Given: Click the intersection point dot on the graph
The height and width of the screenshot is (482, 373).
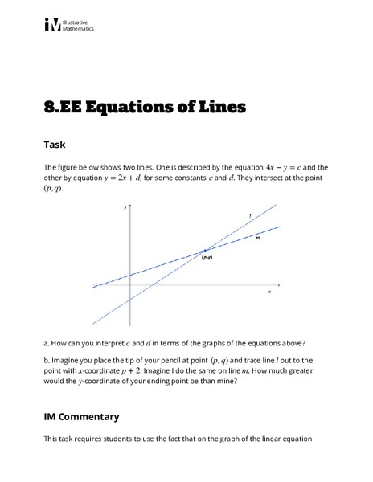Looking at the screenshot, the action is [205, 251].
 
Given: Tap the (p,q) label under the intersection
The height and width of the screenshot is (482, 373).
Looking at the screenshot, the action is [206, 258].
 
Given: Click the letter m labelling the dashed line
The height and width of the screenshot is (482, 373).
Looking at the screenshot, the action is [257, 238].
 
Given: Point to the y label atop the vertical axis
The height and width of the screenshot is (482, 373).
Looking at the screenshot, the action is [126, 207].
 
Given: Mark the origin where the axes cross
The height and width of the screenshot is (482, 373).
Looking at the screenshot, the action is [130, 287].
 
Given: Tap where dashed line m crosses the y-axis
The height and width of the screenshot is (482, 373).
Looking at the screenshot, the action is [130, 276].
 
